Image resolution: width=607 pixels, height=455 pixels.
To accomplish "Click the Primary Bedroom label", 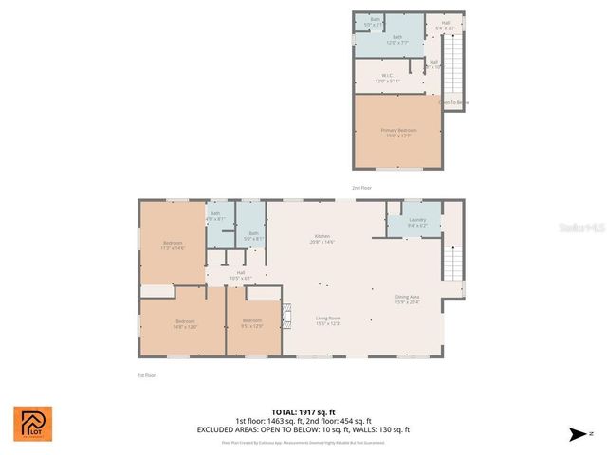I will pos(398,133).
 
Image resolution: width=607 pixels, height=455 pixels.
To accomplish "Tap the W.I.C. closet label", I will pos(387,79).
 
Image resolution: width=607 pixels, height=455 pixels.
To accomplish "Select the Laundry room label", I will pos(417,223).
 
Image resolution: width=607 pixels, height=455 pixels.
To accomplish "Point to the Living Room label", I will pos(328,320).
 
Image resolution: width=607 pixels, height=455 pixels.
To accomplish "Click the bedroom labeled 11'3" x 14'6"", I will pos(172,245).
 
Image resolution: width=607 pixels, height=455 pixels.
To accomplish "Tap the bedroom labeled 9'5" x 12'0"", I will pos(251,323).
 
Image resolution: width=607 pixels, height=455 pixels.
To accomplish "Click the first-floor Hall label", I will pos(240,275).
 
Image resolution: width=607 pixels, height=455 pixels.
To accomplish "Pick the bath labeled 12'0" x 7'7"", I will pos(384,40).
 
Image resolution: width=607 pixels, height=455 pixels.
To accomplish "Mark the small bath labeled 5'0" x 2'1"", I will pos(375,21).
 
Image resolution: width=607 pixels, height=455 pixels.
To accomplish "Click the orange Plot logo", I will pos(33,424).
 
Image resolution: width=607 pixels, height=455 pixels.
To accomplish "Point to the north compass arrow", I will pos(576,434).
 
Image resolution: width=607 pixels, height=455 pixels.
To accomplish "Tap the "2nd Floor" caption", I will pos(361,188).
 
